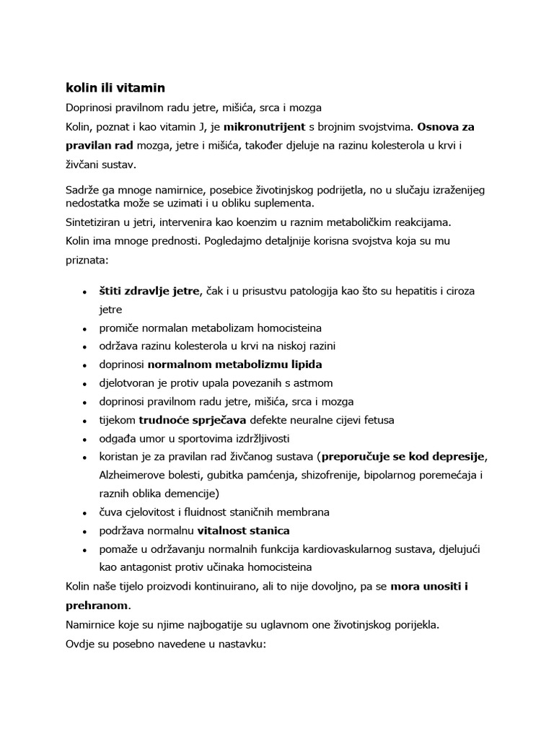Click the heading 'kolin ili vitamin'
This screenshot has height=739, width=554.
coord(115,88)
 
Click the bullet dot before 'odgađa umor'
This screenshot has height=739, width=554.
coord(86,439)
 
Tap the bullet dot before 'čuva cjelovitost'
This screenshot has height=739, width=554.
coord(86,512)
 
